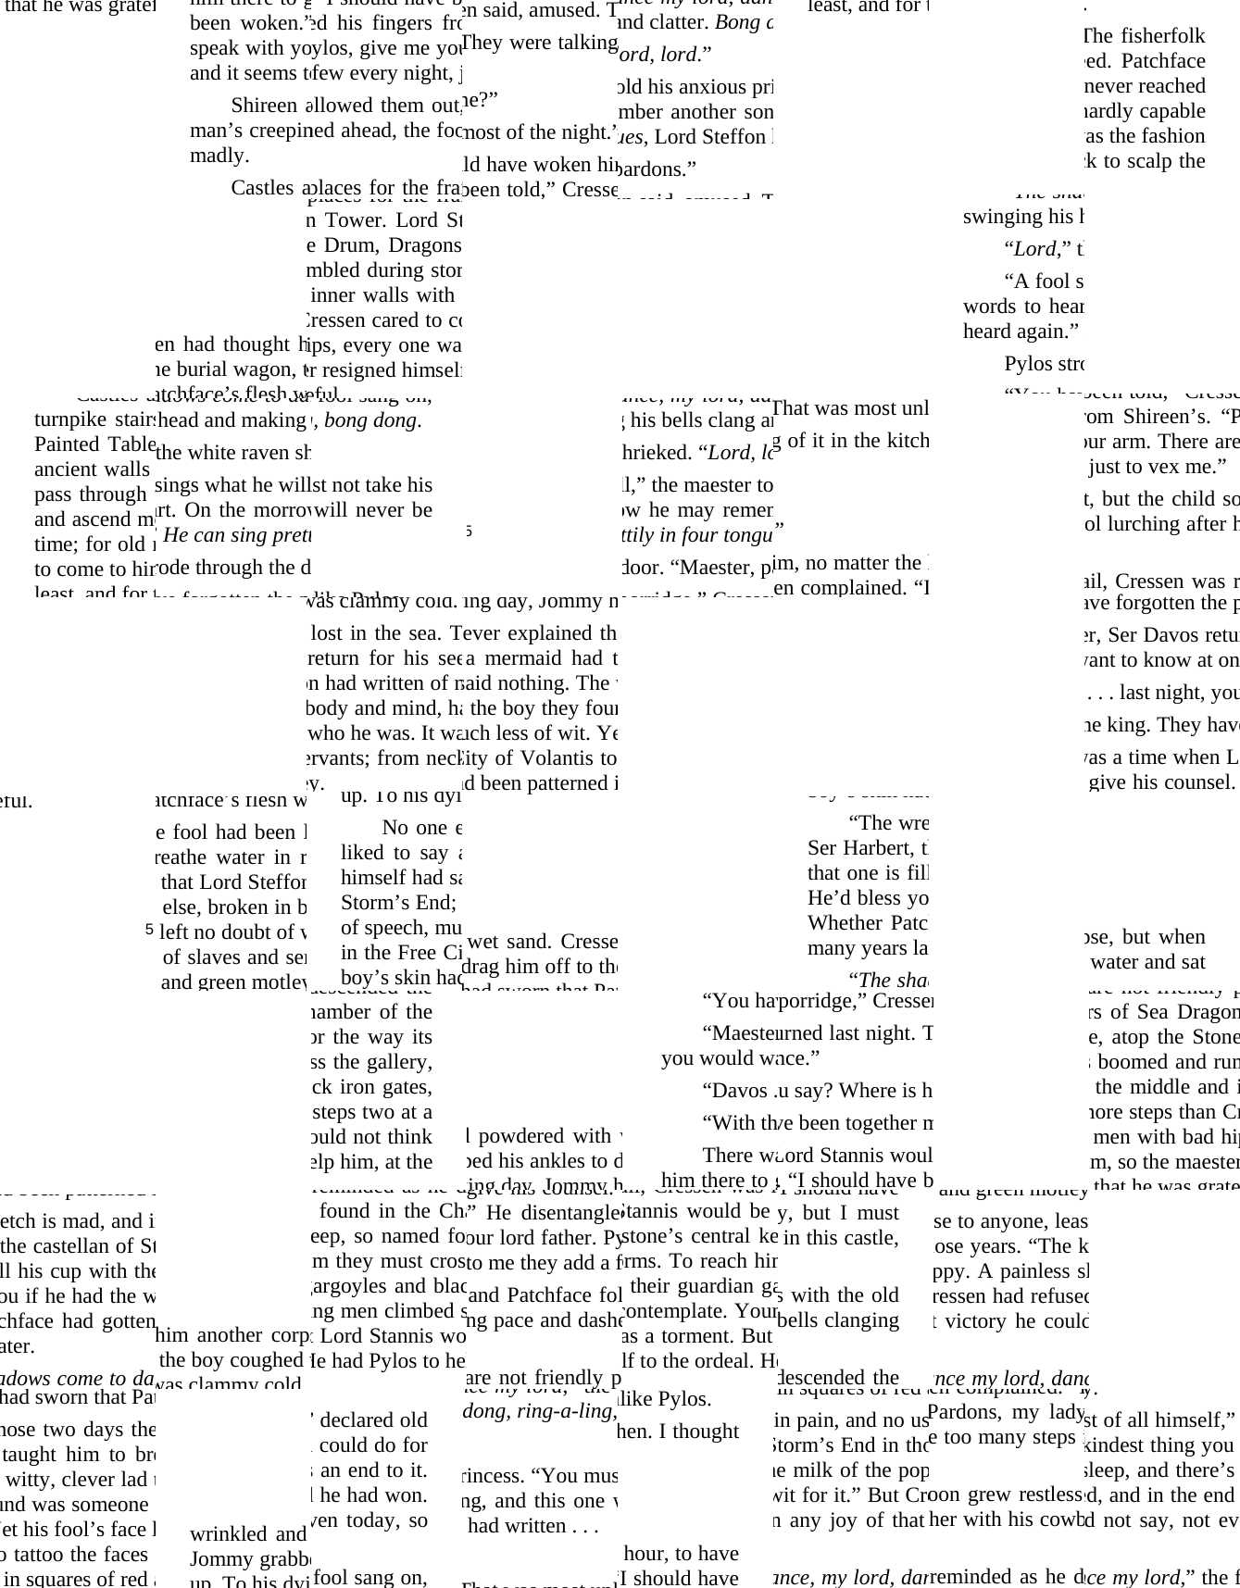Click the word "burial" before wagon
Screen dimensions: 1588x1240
(198, 369)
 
